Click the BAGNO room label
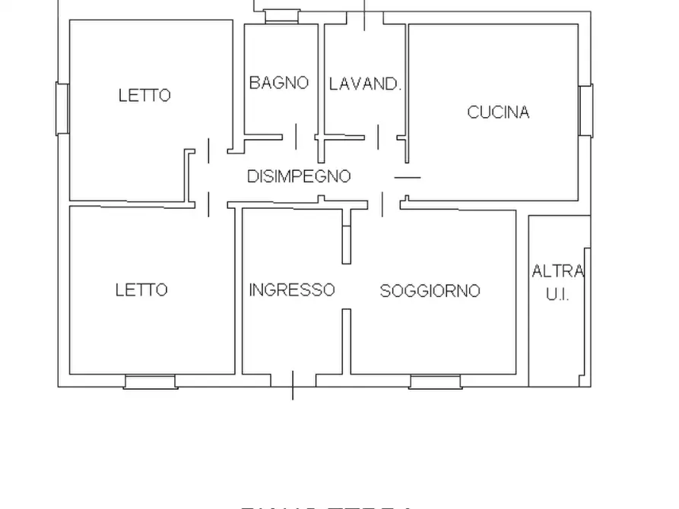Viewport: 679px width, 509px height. point(279,83)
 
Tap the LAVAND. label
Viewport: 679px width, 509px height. point(364,84)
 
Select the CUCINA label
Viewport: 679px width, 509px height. point(498,112)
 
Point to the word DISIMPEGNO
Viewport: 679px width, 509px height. point(299,176)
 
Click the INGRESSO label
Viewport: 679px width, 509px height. point(292,289)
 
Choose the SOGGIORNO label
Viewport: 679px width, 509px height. point(430,290)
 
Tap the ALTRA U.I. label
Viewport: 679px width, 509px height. point(557,282)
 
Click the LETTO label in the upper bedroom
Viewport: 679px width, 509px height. point(144,96)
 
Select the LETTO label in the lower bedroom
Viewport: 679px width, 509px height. point(141,289)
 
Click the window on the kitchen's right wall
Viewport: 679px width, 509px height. point(585,111)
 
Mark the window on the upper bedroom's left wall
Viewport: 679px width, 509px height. point(62,109)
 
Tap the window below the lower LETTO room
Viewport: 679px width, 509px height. point(151,381)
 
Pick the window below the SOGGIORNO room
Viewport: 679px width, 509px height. point(435,381)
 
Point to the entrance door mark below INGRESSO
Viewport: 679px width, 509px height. point(293,384)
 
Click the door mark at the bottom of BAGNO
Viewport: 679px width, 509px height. point(296,137)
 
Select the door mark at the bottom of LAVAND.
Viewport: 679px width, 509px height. point(378,137)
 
